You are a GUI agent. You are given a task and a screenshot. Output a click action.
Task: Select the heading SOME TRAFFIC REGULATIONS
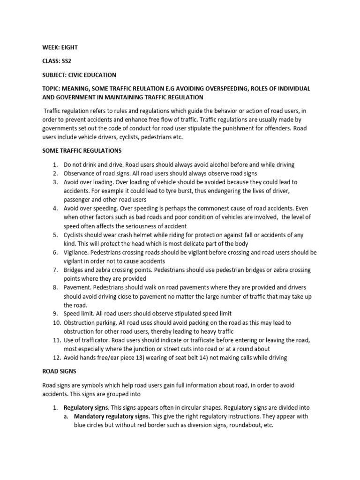[x=82, y=150]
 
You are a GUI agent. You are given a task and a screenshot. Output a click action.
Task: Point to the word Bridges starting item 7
[x=75, y=270]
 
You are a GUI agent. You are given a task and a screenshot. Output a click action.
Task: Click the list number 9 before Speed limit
[x=55, y=314]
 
